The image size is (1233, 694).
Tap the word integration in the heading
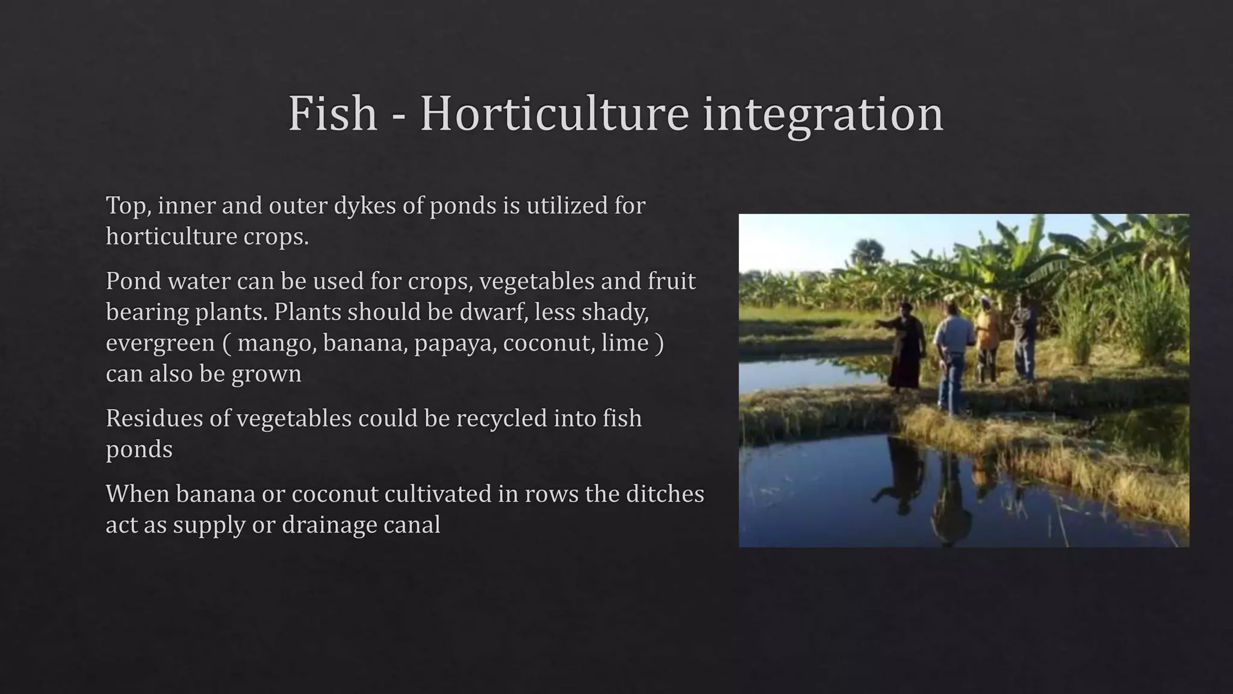(823, 114)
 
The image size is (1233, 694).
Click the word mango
(277, 343)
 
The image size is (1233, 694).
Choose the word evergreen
(160, 343)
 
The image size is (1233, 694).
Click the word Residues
(154, 418)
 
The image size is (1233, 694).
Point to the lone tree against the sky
(866, 249)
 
